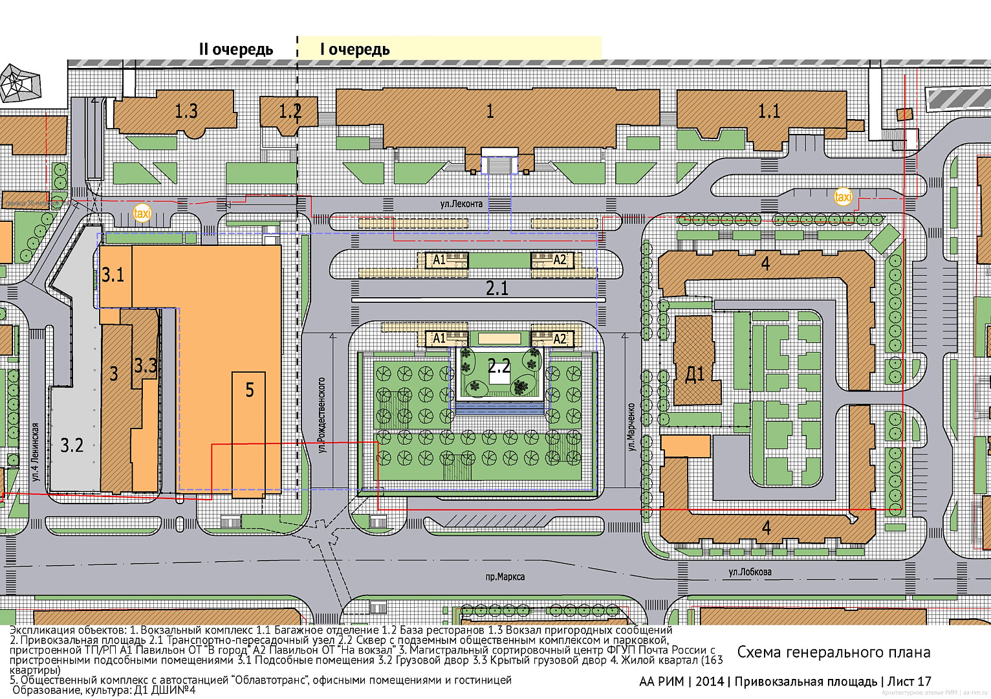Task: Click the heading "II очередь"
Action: coord(235,50)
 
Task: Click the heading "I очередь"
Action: coord(354,50)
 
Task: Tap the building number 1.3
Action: coord(186,111)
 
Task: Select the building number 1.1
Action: coord(768,111)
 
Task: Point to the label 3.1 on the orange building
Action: coord(113,275)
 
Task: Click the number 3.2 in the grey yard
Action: coord(72,445)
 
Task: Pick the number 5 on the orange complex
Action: coord(250,390)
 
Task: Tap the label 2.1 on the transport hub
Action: coord(497,289)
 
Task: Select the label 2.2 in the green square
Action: coord(499,367)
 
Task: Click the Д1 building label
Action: coord(694,374)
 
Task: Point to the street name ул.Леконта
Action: coord(461,204)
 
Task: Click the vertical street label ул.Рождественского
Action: coord(321,415)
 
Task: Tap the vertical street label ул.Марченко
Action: coord(631,427)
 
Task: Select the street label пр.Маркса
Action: coord(505,577)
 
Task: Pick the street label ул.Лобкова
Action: coord(750,572)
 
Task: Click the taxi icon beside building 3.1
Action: coord(142,212)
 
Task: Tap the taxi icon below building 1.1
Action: coord(843,196)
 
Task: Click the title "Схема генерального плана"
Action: coord(833,652)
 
